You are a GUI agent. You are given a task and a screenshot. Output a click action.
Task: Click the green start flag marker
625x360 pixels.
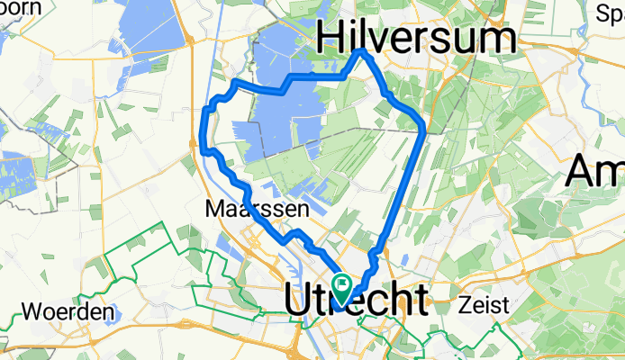click(x=342, y=287)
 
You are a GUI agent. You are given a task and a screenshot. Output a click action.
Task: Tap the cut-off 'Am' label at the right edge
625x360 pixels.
click(x=594, y=172)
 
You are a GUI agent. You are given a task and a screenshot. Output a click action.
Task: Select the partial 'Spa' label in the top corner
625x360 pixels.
click(x=609, y=13)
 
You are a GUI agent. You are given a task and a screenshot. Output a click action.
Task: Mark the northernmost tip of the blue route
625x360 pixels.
click(x=362, y=51)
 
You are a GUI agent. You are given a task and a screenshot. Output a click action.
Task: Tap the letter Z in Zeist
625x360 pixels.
click(x=465, y=304)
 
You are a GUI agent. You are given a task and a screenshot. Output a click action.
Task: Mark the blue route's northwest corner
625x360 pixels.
click(x=235, y=83)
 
